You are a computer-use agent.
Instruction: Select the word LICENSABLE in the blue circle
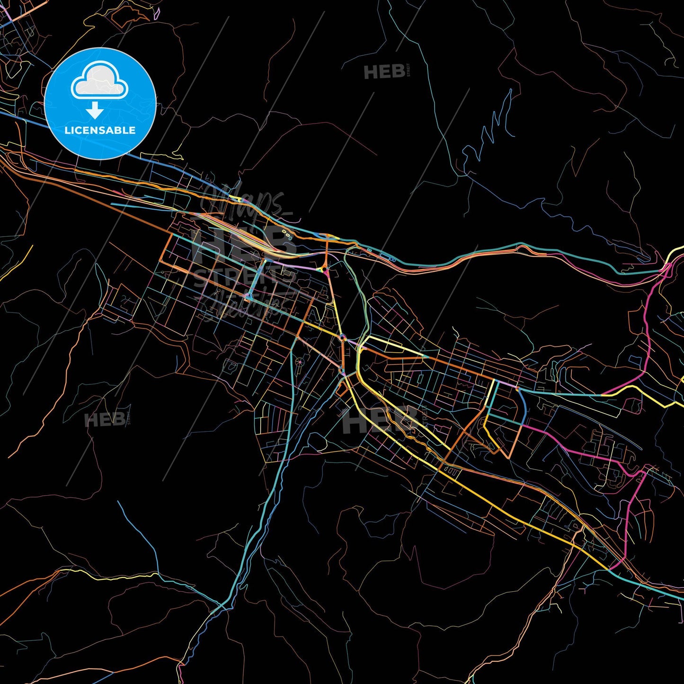100,130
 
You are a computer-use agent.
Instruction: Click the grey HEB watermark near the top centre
384,72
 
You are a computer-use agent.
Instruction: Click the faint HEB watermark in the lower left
105,419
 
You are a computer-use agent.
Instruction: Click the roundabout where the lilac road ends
324,270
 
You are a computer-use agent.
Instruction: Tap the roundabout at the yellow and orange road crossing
342,338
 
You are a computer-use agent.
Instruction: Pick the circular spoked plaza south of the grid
299,362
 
